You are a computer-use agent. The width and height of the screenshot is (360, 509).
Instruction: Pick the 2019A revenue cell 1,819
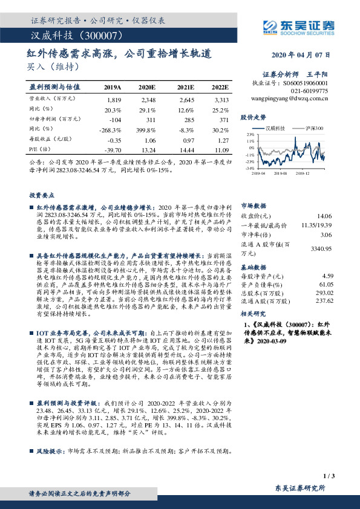pos(114,99)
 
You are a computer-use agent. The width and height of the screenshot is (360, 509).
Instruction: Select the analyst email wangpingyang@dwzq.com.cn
pos(289,97)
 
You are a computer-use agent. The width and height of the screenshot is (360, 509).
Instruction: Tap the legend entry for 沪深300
pos(313,129)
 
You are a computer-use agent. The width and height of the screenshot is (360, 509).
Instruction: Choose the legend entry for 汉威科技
pos(276,129)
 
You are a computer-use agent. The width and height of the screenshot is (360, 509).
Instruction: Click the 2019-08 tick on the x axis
pos(280,173)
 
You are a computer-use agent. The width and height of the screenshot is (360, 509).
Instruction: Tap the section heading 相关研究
pos(252,315)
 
